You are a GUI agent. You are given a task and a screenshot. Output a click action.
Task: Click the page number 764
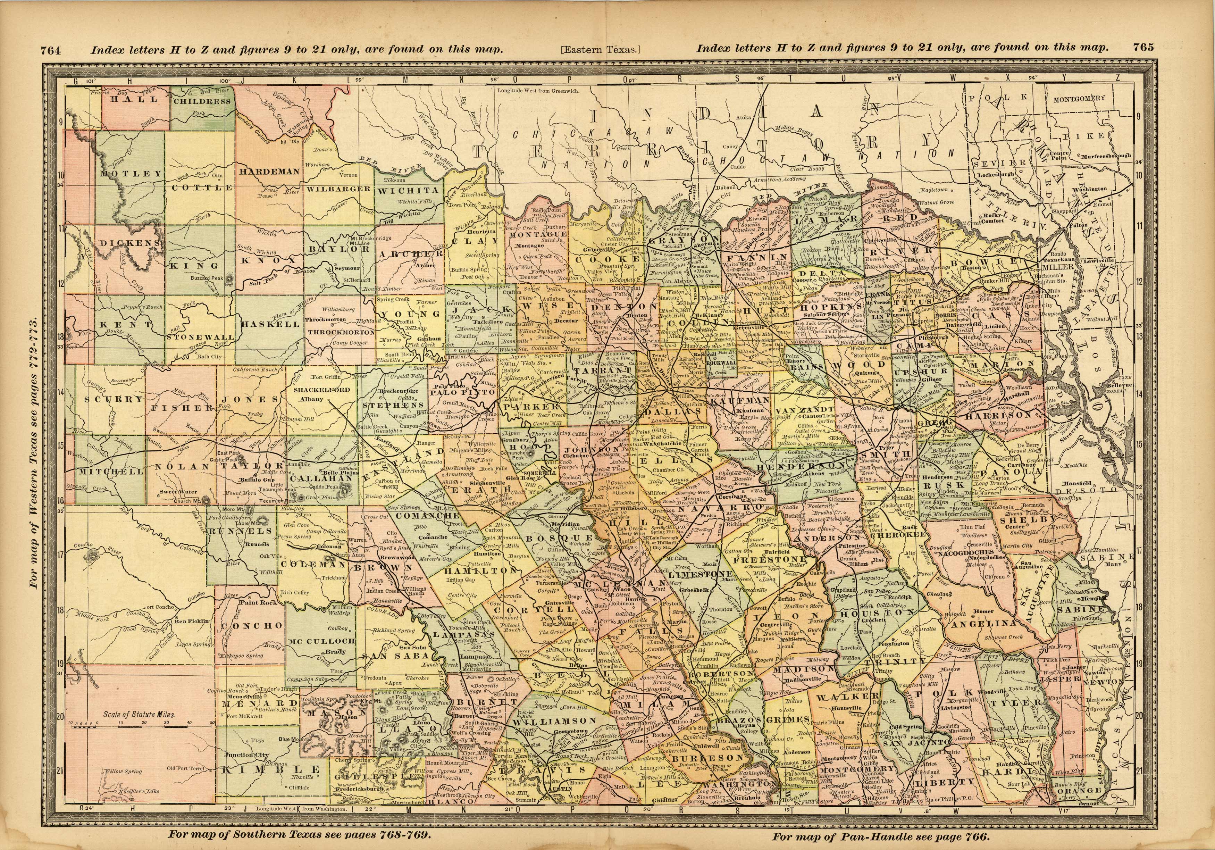[x=51, y=50]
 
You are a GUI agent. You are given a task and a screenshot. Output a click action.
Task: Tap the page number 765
[x=1143, y=47]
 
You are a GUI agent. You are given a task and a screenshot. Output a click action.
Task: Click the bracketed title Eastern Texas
[x=600, y=50]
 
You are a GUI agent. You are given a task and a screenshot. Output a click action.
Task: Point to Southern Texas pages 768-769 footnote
[x=300, y=835]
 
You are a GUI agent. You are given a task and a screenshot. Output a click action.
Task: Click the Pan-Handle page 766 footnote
[x=880, y=837]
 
